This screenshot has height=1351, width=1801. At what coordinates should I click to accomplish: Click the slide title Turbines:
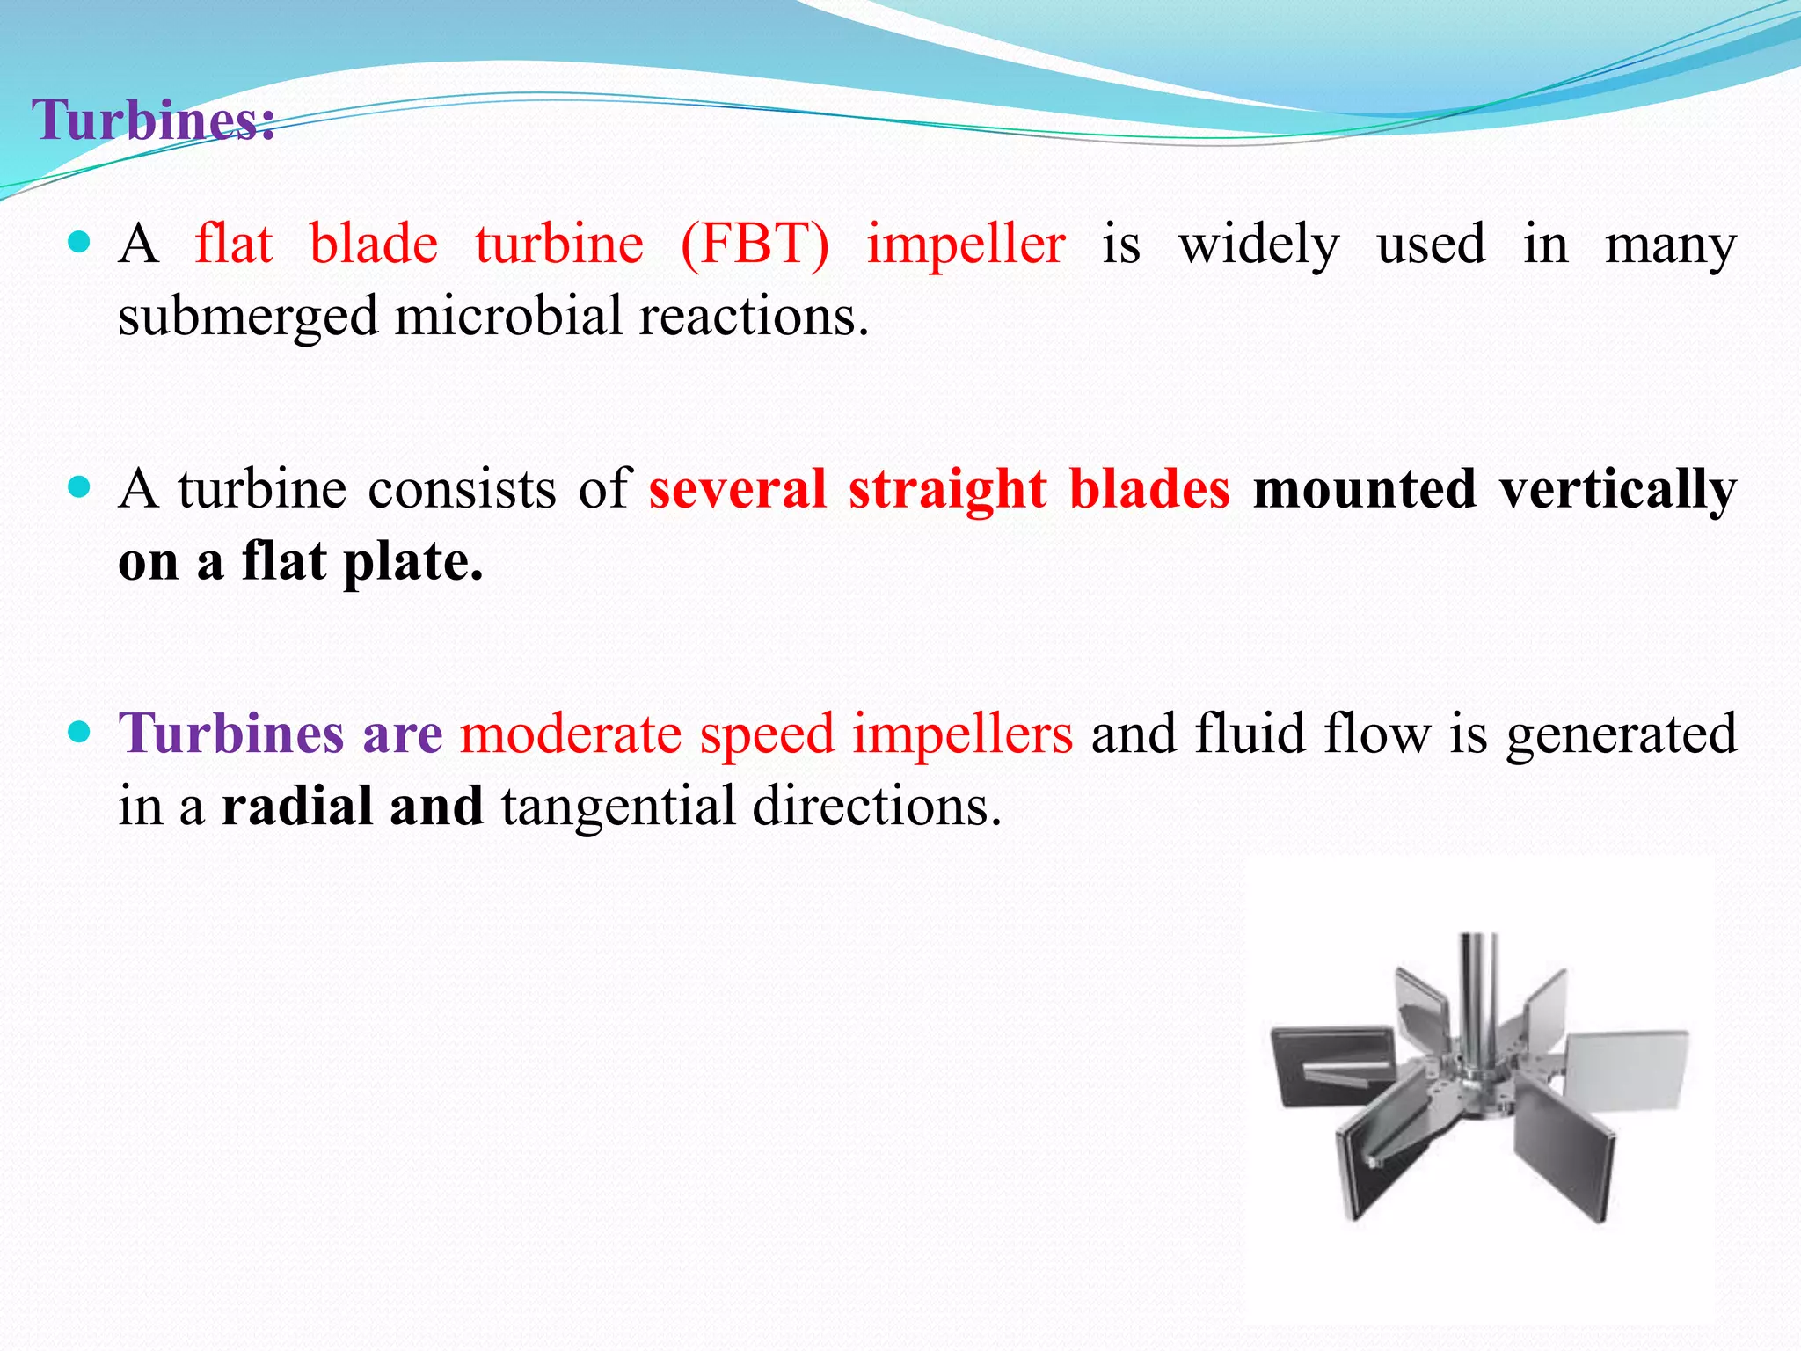coord(153,120)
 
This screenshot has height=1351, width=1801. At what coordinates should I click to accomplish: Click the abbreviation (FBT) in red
coord(755,245)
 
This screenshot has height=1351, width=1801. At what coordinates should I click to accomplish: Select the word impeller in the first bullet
coord(966,245)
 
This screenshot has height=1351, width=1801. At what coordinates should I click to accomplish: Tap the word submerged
coord(248,317)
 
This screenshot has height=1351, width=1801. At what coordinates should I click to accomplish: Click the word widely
coord(1258,245)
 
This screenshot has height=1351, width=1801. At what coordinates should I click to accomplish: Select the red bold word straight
coord(947,489)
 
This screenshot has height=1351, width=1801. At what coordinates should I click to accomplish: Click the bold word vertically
coord(1617,491)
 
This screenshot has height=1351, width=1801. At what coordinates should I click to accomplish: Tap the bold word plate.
coord(412,563)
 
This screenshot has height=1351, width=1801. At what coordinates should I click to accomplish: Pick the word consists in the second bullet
coord(462,489)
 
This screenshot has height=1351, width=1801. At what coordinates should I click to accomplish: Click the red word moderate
coord(571,734)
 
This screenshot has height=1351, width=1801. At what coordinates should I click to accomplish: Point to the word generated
coord(1621,735)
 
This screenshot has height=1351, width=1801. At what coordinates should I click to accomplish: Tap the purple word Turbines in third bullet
coord(230,734)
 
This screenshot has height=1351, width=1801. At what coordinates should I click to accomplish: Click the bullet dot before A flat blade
coord(79,242)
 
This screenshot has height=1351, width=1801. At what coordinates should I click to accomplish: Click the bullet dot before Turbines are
coord(79,731)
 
